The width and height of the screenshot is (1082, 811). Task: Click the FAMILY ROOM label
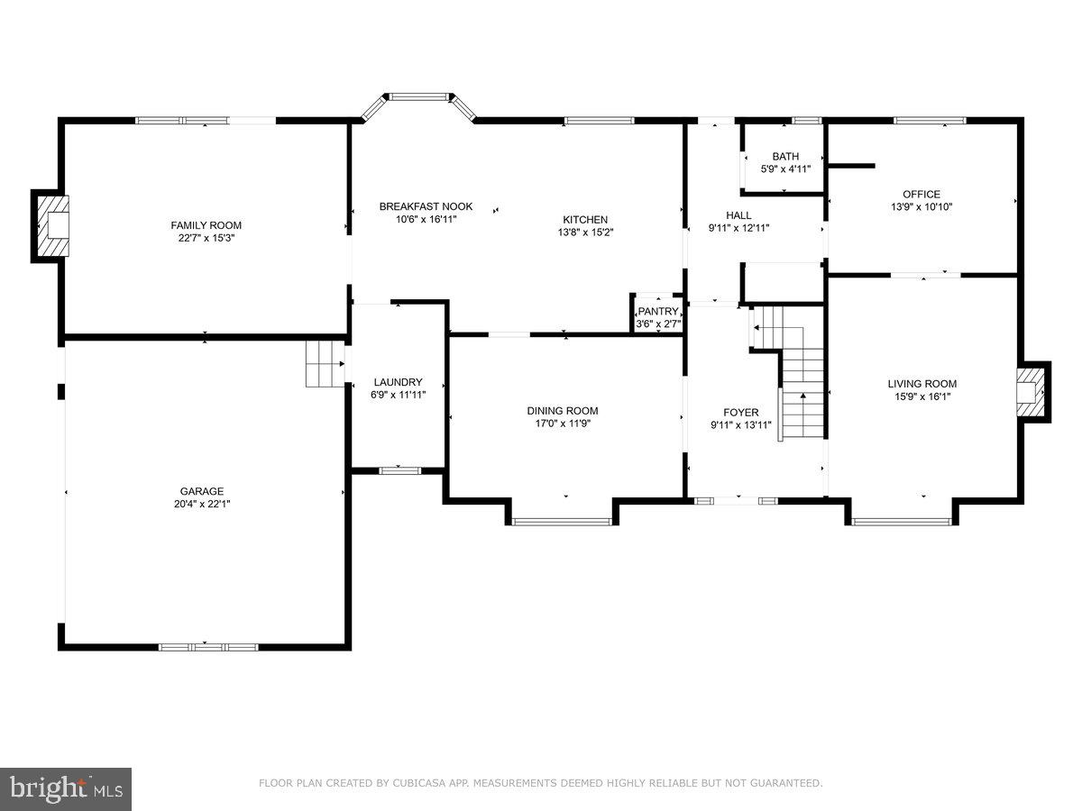click(x=206, y=225)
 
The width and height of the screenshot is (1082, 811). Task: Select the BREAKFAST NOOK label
click(x=426, y=206)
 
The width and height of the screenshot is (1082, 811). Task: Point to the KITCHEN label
click(x=585, y=219)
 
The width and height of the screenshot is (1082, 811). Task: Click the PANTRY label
click(x=657, y=311)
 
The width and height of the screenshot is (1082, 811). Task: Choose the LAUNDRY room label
click(x=398, y=382)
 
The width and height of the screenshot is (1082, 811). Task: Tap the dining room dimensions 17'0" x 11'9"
click(x=563, y=424)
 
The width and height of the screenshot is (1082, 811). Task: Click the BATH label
click(x=784, y=157)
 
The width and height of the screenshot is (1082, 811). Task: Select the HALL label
click(x=738, y=215)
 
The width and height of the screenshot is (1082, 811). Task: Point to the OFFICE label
click(x=922, y=194)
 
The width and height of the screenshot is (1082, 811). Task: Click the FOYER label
click(x=740, y=413)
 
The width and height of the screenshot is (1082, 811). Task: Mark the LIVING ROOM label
click(x=922, y=383)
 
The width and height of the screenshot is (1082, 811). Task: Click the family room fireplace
click(x=53, y=225)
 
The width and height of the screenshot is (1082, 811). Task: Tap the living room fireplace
click(x=1030, y=391)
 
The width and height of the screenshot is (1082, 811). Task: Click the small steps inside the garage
click(x=324, y=364)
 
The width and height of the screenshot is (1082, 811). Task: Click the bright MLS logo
click(x=66, y=788)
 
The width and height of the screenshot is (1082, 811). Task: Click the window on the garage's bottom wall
click(x=208, y=647)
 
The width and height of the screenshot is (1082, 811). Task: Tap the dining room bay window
click(x=562, y=521)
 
